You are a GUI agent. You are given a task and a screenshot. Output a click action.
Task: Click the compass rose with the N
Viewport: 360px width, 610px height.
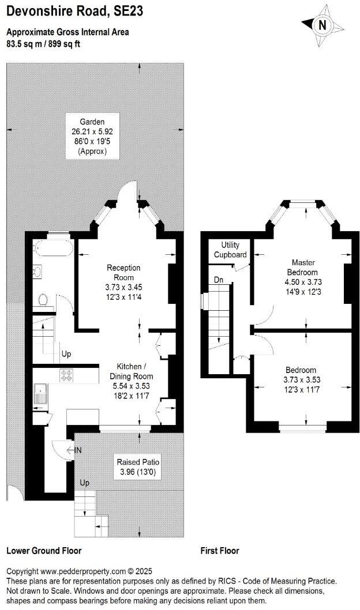pos(322,25)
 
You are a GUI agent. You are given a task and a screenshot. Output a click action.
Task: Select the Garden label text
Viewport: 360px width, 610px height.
pos(92,122)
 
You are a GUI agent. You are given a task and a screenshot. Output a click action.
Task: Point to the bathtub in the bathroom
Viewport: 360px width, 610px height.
pos(53,249)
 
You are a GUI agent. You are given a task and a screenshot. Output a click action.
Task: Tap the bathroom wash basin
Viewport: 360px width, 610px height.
pos(37,270)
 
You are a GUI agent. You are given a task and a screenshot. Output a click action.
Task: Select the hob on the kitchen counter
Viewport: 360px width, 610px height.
pos(67,375)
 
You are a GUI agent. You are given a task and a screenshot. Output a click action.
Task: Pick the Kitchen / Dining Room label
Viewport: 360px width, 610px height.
pos(136,371)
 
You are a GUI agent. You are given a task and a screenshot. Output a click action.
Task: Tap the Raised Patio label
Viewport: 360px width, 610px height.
pos(138,462)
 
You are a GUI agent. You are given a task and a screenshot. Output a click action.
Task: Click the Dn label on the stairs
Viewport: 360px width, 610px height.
pos(217,279)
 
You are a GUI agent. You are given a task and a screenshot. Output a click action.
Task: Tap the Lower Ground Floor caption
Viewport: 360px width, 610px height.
pos(44,551)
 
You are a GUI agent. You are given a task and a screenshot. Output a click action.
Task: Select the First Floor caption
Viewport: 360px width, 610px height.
pos(219,551)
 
